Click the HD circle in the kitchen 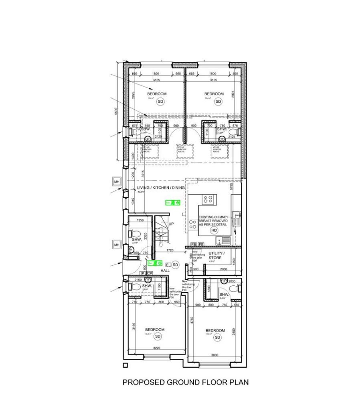coord(214,230)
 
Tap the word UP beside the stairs coord(171,224)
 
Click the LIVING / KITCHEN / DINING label coord(161,188)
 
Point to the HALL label coord(165,271)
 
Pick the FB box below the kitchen coord(194,244)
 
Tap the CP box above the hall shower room coord(150,273)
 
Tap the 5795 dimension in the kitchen coord(231,187)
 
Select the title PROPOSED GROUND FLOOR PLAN coord(185,382)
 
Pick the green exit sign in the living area coord(173,203)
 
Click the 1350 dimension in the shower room coord(140,221)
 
